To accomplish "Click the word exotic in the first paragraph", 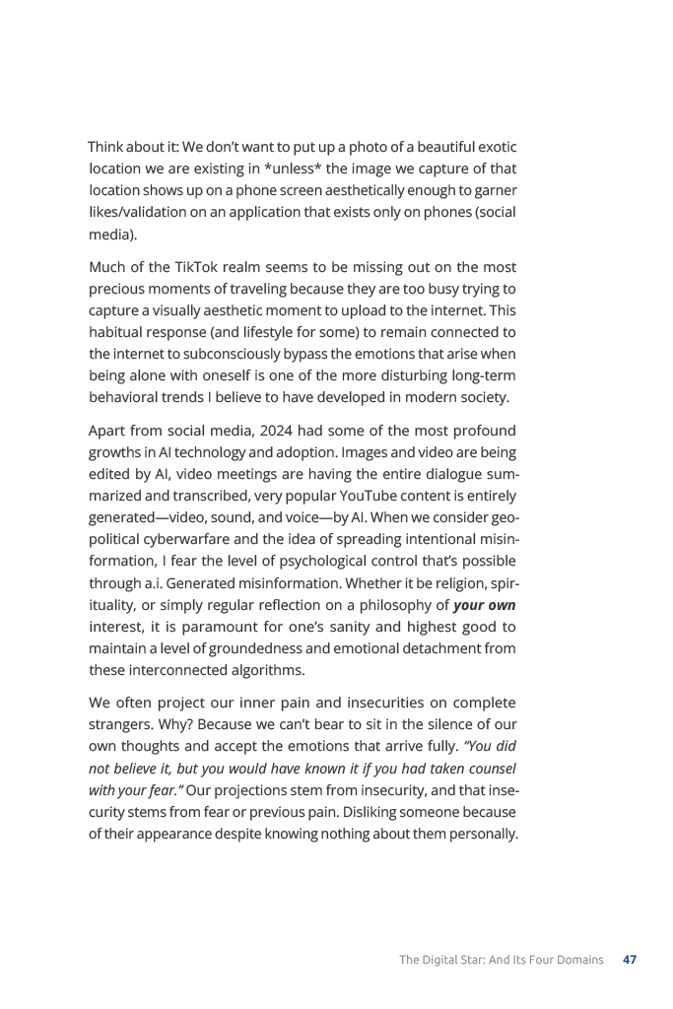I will [493, 147].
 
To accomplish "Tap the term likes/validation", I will [132, 213].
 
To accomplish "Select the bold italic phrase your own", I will [484, 605].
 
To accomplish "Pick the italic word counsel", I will [491, 769].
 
